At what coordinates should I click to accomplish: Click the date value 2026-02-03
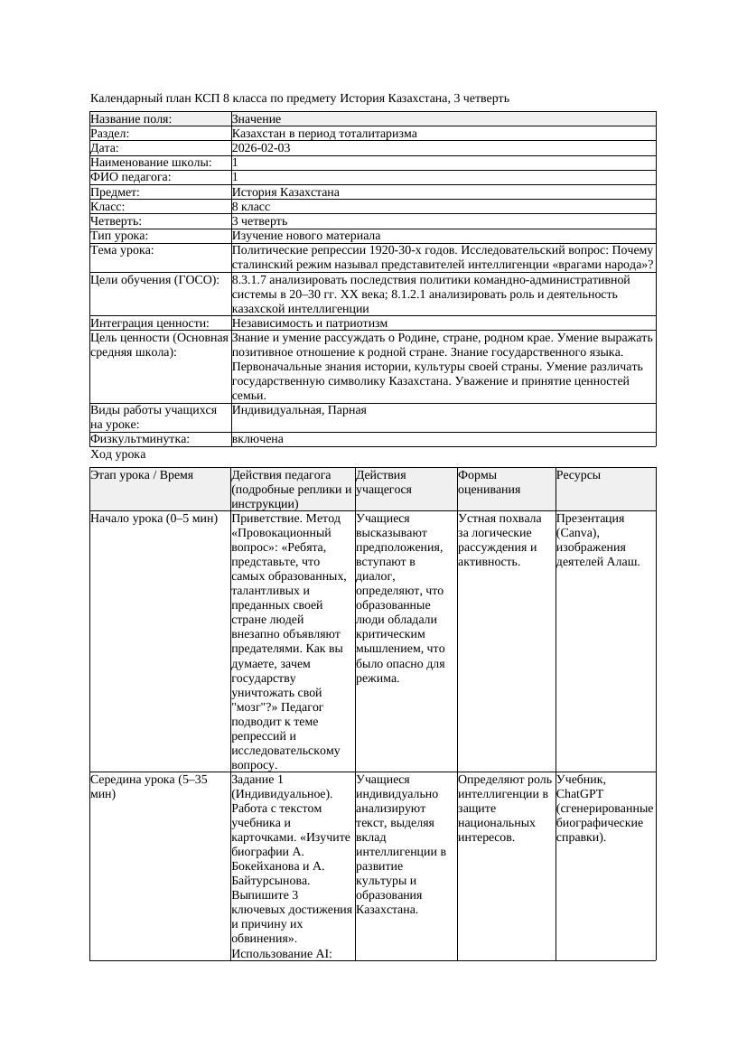pos(261,148)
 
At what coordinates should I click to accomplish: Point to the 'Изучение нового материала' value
pos(306,236)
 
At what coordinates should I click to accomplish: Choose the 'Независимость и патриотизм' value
pos(310,323)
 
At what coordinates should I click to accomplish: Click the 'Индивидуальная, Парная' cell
pos(299,410)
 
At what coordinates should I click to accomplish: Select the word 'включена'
pos(257,439)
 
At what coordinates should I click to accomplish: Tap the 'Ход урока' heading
pos(118,455)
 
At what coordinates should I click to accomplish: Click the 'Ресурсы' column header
pos(579,475)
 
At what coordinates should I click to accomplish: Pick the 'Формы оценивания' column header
pos(489,482)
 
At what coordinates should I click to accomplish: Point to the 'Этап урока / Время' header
pos(142,475)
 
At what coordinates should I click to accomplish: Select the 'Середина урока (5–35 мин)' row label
pos(149,786)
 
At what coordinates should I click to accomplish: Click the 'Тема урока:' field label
pos(123,250)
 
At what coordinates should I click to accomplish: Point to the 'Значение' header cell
pos(257,119)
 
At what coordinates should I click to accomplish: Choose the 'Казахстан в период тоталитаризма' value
pos(324,134)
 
